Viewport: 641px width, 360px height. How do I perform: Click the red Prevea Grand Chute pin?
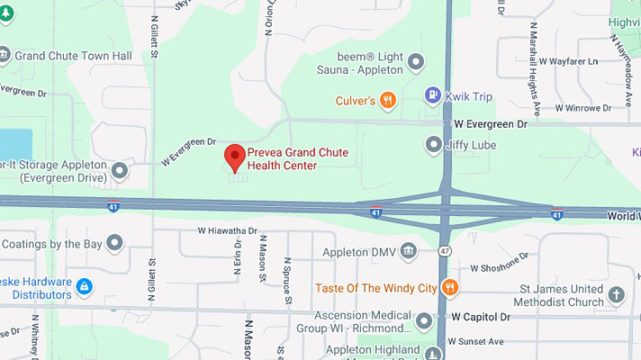pos(235,157)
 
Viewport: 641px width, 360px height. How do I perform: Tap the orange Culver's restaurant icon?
pos(388,100)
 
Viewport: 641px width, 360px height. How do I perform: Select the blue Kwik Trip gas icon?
pos(433,94)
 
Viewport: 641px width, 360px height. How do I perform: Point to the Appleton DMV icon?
pos(409,250)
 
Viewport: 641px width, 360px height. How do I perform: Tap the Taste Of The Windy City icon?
pos(450,287)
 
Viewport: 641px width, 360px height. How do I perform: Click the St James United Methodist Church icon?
pos(616,294)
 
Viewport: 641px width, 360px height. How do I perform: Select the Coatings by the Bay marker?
pos(114,242)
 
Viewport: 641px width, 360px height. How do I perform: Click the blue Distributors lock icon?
pos(84,287)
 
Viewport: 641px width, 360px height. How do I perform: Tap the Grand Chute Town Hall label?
pos(73,56)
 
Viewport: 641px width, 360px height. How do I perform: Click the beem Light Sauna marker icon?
pos(415,61)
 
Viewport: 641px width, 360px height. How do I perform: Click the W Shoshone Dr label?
pos(500,265)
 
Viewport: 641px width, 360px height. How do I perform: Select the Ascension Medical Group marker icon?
pos(424,320)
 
